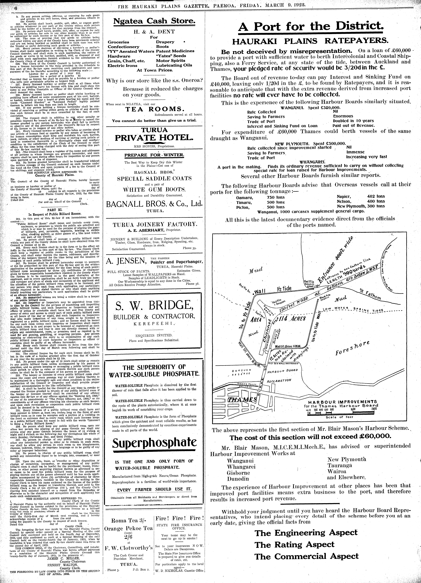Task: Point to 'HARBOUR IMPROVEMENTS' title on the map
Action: point(342,402)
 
